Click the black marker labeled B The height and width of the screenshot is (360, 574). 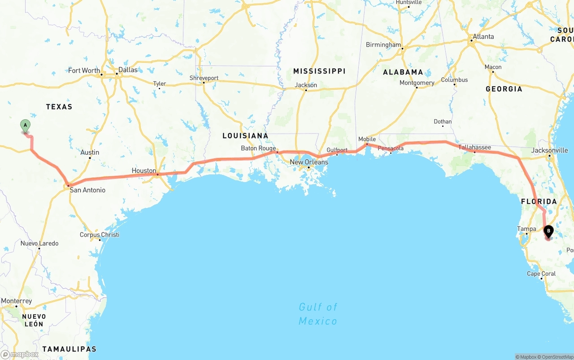[548, 231]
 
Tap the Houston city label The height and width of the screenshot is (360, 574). [143, 171]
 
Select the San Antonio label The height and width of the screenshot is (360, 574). [87, 190]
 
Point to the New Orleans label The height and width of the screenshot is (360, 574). [309, 162]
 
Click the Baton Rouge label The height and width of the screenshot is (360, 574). [258, 148]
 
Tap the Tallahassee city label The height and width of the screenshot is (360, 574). [474, 147]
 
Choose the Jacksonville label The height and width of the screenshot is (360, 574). [549, 151]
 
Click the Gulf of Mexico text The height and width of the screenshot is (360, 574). [318, 314]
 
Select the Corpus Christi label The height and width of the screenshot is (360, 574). [100, 235]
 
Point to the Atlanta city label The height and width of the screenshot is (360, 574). [483, 37]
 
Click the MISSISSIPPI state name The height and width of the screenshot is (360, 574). [319, 71]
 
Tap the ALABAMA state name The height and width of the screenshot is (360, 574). [403, 72]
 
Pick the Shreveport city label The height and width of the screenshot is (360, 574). [204, 78]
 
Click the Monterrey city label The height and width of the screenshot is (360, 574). [17, 301]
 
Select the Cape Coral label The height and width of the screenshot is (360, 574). [541, 273]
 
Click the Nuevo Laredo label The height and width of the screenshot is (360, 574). [39, 243]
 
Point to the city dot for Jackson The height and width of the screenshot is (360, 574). [306, 91]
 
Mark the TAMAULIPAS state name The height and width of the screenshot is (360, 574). [69, 349]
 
